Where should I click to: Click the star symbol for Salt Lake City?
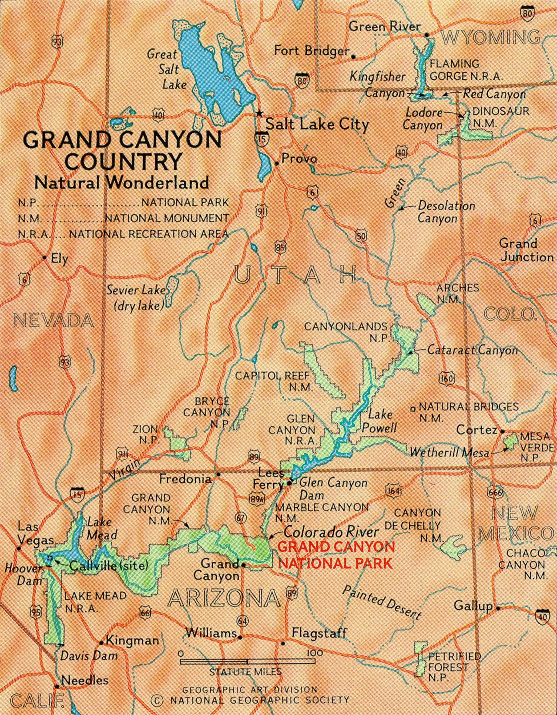tap(259, 113)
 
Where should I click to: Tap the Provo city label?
tap(299, 159)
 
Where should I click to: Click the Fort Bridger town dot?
tap(353, 57)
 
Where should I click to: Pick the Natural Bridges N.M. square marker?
tap(413, 408)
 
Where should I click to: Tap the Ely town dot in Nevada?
tap(44, 257)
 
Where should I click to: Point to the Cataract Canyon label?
tap(473, 351)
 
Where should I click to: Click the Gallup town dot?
tap(498, 609)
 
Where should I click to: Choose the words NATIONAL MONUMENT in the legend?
tap(166, 218)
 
